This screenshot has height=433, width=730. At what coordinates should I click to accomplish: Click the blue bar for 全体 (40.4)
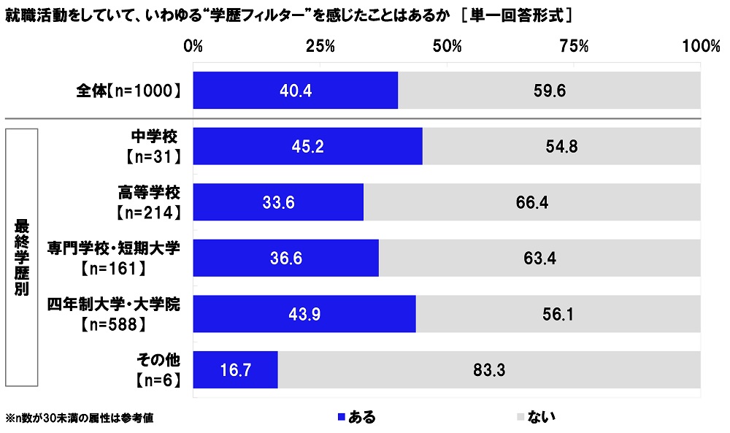pyautogui.click(x=295, y=91)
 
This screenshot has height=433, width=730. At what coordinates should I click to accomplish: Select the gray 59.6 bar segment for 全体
pyautogui.click(x=549, y=91)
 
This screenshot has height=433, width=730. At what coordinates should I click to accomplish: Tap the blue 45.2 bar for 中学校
pyautogui.click(x=307, y=146)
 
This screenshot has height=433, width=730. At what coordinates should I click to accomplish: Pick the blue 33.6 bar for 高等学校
pyautogui.click(x=278, y=202)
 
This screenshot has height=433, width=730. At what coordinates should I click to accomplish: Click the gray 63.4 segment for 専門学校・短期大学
pyautogui.click(x=539, y=258)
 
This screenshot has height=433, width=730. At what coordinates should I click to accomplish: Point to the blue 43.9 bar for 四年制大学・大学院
pyautogui.click(x=304, y=314)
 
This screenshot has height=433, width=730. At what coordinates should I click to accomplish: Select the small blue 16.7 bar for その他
pyautogui.click(x=235, y=369)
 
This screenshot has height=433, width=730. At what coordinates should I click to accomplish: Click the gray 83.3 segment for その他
pyautogui.click(x=489, y=369)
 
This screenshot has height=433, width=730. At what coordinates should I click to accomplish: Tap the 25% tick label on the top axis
pyautogui.click(x=320, y=46)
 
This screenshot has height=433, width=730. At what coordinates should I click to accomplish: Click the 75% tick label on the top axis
pyautogui.click(x=574, y=46)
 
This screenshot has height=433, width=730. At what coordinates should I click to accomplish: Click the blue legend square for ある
pyautogui.click(x=340, y=417)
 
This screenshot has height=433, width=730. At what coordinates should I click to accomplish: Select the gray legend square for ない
pyautogui.click(x=520, y=417)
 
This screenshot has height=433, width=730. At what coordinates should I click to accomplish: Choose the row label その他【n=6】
pyautogui.click(x=157, y=369)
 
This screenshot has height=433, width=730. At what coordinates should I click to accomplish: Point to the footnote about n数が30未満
pyautogui.click(x=80, y=418)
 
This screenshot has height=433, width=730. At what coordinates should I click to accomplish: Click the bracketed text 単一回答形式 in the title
pyautogui.click(x=517, y=14)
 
